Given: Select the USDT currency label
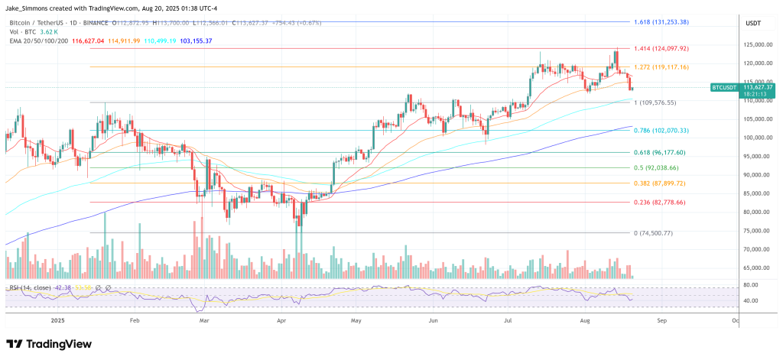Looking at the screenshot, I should (x=753, y=23).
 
